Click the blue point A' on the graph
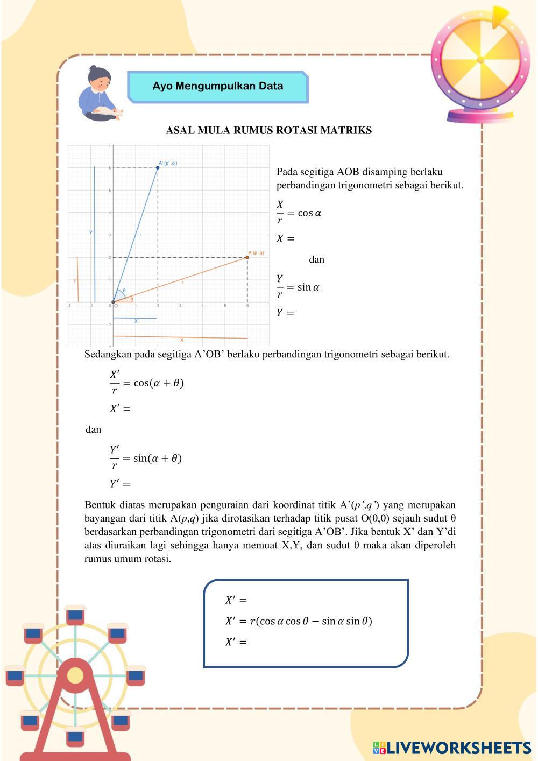[x=158, y=168]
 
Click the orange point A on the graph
[x=247, y=257]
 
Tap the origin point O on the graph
[x=113, y=302]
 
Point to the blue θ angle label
[x=124, y=291]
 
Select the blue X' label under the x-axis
[x=136, y=321]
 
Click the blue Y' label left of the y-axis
[x=91, y=232]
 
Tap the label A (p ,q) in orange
[x=256, y=252]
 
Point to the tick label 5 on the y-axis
[x=110, y=191]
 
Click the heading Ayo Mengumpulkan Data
[x=217, y=86]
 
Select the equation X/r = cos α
[x=299, y=213]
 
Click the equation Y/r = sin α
[x=298, y=287]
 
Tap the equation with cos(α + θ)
[x=147, y=383]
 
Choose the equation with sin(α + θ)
[x=146, y=458]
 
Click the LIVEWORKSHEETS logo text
[x=458, y=748]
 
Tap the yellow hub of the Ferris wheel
[x=75, y=675]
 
